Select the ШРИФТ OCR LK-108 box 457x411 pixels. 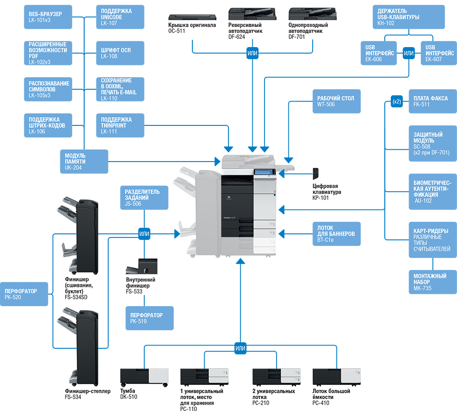click(x=120, y=53)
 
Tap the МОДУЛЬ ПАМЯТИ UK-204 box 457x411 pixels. click(x=84, y=162)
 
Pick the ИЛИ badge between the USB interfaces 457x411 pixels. click(x=409, y=53)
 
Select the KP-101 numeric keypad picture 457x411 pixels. click(x=316, y=174)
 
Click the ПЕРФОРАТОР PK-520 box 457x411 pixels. click(x=24, y=294)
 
